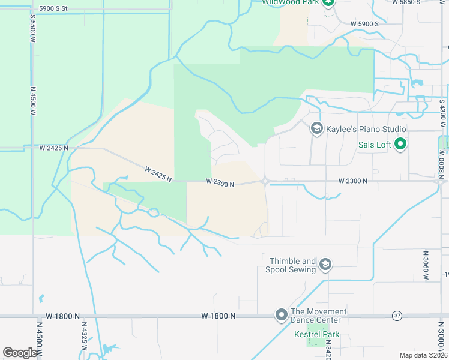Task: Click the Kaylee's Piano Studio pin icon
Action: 316,128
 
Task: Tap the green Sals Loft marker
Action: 401,144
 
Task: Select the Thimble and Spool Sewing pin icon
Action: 325,265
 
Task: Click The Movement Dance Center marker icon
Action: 281,315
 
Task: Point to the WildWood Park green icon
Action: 328,3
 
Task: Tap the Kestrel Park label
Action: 316,334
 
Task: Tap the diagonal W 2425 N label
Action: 158,174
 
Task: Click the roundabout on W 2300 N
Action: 265,181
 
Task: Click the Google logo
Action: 20,352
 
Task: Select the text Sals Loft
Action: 375,145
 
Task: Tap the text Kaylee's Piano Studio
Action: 366,129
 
